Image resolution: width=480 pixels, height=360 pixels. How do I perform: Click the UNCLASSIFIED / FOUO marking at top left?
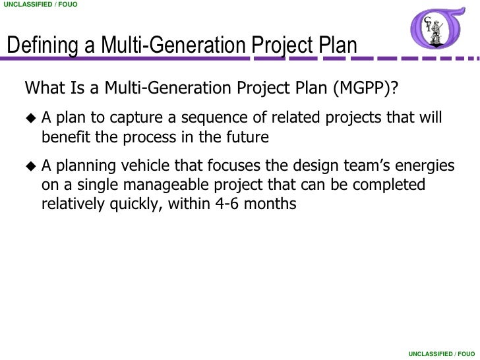pos(40,5)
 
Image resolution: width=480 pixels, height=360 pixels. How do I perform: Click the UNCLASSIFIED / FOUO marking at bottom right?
pos(440,354)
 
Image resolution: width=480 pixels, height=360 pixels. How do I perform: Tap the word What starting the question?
pos(44,88)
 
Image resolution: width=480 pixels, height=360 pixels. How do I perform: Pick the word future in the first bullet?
pos(248,138)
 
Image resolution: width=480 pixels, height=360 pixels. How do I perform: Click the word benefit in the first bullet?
pos(64,138)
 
